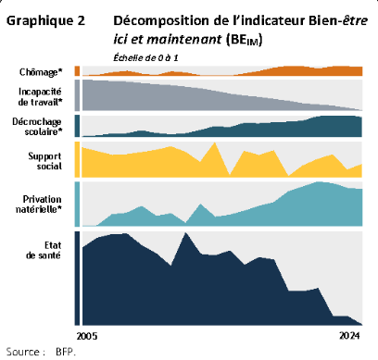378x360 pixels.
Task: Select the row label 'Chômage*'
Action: (x=42, y=71)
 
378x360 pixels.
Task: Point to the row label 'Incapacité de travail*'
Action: (x=42, y=96)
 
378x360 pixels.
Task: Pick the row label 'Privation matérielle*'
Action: (x=41, y=205)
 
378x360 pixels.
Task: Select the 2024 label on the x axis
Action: (x=350, y=334)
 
